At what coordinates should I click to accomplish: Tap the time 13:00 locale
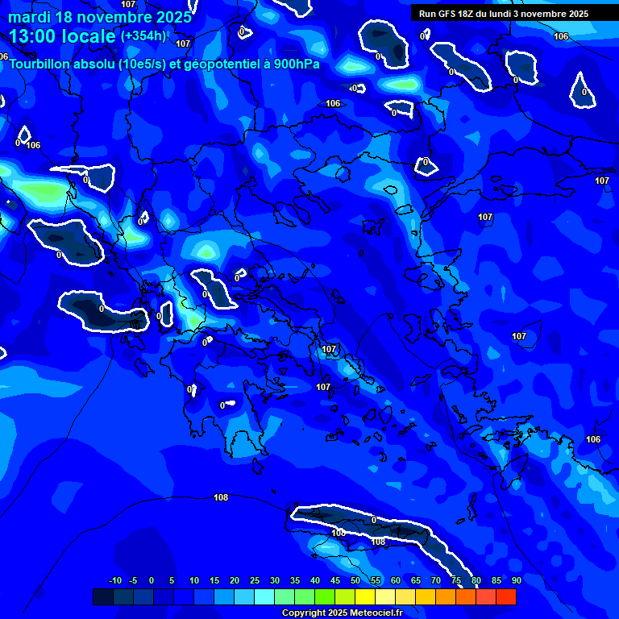click(x=63, y=36)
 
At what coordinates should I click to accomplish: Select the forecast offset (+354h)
click(x=143, y=36)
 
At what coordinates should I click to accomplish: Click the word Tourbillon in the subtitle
click(x=43, y=64)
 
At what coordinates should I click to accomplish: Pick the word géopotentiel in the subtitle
click(x=218, y=64)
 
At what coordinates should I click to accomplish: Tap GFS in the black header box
click(x=447, y=14)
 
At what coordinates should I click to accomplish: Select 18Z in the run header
click(x=468, y=14)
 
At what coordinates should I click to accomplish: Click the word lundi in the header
click(x=504, y=14)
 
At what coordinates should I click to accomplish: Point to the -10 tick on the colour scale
click(x=114, y=580)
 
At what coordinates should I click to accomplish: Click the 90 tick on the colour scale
click(x=516, y=580)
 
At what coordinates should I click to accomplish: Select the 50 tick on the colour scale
click(x=355, y=580)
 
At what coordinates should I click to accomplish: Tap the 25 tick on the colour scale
click(x=255, y=580)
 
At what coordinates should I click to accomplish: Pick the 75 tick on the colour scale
click(x=456, y=580)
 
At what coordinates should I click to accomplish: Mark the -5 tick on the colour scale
click(x=133, y=580)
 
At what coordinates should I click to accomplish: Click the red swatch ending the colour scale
click(x=506, y=596)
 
